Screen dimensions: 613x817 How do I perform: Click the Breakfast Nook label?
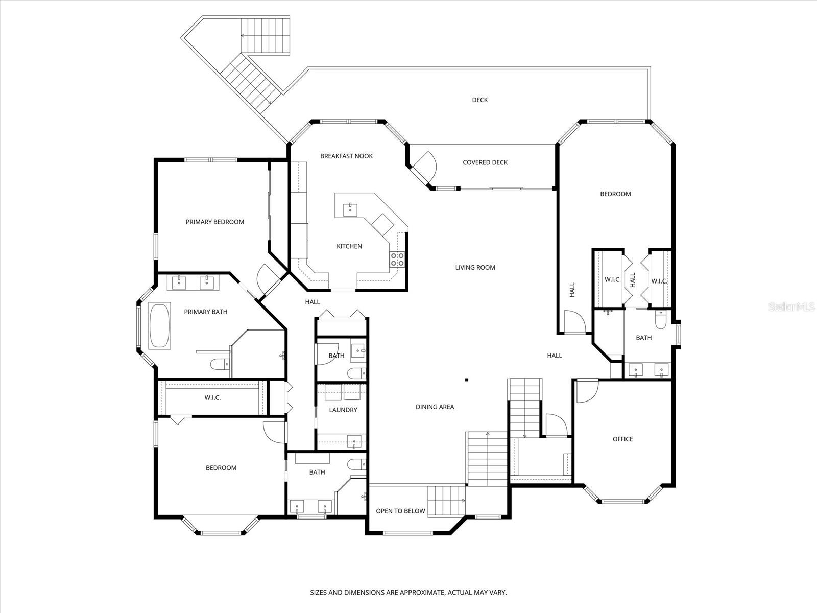[346, 156]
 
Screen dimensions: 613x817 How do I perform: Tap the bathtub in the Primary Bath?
[159, 326]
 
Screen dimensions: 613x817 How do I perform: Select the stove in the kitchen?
[398, 260]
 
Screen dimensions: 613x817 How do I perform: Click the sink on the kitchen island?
[351, 208]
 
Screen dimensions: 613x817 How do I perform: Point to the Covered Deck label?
[485, 162]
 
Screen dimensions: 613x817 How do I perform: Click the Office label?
[622, 439]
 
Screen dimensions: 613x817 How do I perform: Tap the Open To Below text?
[400, 511]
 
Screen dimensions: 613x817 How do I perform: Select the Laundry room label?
[343, 410]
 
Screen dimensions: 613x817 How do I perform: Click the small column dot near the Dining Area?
[467, 380]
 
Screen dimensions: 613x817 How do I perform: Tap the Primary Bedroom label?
[214, 222]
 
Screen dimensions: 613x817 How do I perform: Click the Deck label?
[479, 100]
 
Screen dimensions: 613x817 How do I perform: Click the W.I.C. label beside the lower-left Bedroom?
[212, 397]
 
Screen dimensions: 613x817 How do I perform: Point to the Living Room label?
[475, 267]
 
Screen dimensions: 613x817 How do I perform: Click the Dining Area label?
[435, 407]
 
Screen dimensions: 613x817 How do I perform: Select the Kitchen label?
[349, 246]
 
